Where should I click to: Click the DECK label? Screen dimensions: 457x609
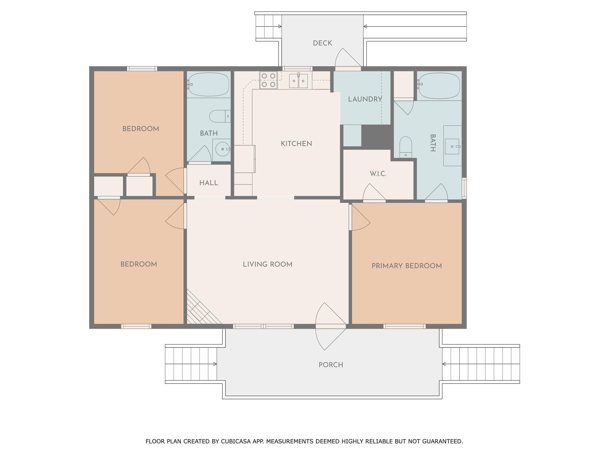[x=322, y=43]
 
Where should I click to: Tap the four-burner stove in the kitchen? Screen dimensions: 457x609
[x=268, y=80]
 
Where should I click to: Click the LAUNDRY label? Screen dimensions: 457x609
[x=365, y=99]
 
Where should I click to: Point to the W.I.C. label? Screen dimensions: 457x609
[x=378, y=174]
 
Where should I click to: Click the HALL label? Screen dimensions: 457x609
[x=208, y=183]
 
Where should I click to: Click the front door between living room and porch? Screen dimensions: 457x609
[x=330, y=326]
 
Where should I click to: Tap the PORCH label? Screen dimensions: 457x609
[x=331, y=365]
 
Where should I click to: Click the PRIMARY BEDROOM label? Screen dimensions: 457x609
[x=406, y=266]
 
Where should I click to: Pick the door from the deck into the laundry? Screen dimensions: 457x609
[x=348, y=68]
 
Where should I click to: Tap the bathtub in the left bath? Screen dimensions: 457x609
[x=209, y=84]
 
